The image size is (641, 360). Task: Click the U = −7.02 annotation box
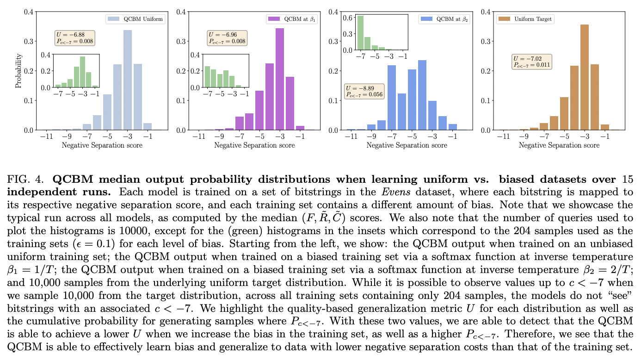pos(532,62)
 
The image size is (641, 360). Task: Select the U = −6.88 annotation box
pos(75,38)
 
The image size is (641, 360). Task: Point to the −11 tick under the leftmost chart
pos(46,137)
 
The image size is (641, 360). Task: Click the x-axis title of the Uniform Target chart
pos(559,145)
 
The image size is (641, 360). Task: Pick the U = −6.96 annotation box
pos(227,38)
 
